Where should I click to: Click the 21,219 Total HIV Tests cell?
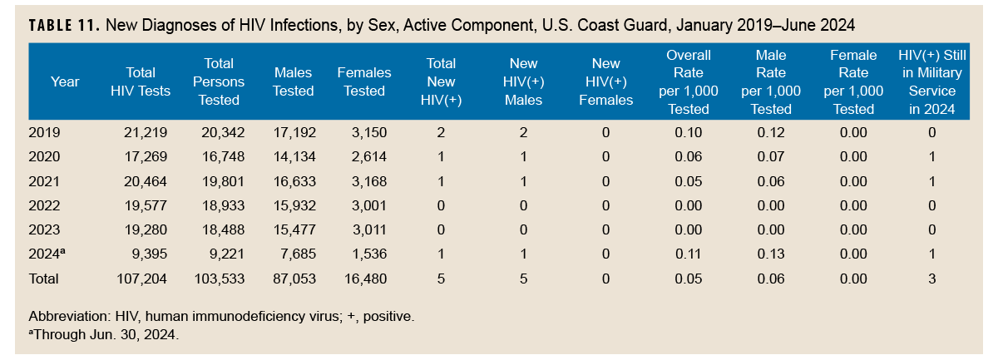146,132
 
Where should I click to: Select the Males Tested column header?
293,82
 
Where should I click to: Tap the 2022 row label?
44,206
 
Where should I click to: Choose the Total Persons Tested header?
219,81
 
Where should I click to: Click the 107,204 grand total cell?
141,279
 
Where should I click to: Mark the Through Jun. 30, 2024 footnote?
103,335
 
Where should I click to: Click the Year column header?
65,81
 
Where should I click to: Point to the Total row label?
44,279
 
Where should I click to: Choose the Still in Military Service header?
931,81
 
